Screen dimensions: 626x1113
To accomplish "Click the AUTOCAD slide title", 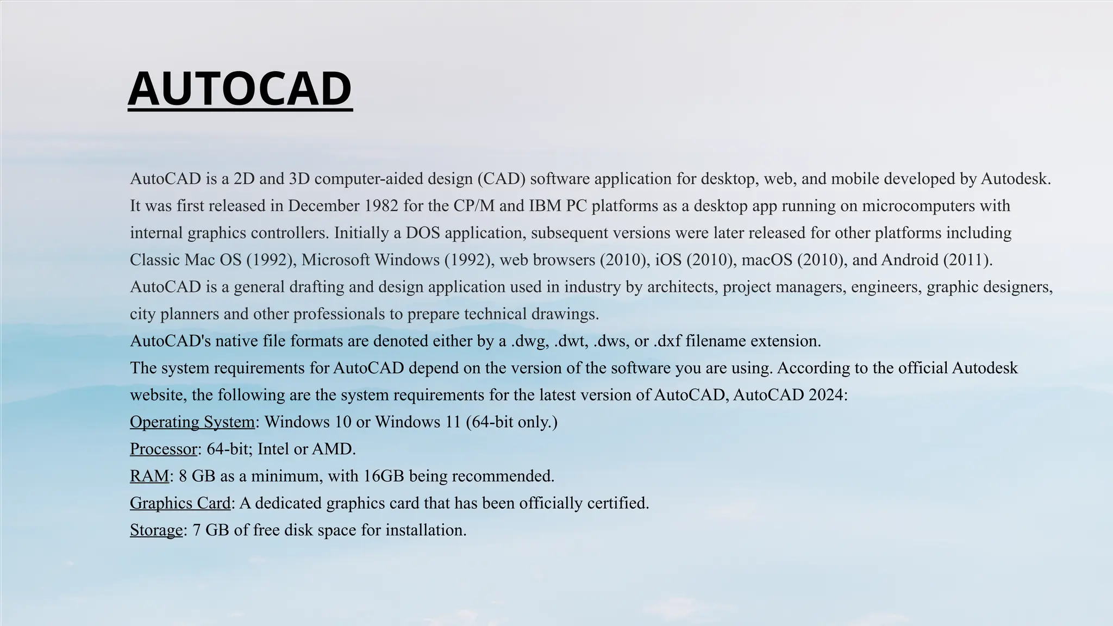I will (240, 89).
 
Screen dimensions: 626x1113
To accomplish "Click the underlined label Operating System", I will (192, 422).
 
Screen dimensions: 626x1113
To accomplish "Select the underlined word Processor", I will (163, 449).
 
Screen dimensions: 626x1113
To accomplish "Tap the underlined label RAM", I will (149, 476).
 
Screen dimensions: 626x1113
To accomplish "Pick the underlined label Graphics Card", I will (180, 503).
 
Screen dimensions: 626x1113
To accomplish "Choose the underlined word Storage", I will (156, 530).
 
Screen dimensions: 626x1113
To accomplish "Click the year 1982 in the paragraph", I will (381, 206).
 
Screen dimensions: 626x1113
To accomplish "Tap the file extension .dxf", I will (667, 341).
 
